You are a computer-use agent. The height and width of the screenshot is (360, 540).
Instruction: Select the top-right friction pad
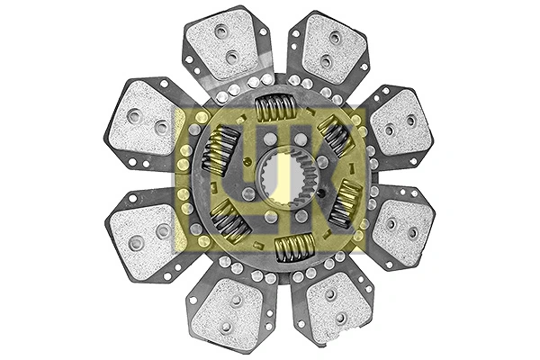click(329, 49)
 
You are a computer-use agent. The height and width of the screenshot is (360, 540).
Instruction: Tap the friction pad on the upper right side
click(400, 122)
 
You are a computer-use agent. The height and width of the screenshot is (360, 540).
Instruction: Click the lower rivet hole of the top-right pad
click(328, 61)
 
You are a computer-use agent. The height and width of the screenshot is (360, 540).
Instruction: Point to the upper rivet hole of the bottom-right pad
click(330, 294)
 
